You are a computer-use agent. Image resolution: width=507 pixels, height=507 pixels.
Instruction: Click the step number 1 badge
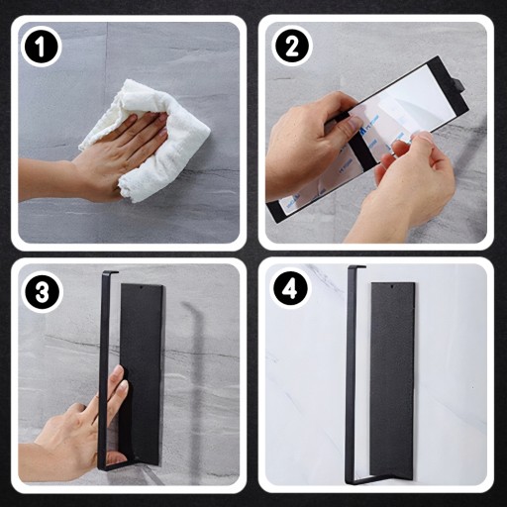41,47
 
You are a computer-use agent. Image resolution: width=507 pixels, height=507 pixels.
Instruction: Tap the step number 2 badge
292,47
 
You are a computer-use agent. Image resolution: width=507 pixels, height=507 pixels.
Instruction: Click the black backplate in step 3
142,373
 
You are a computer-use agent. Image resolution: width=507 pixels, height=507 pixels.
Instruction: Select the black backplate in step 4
392,379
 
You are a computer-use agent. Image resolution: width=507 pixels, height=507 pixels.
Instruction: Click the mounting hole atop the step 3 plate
142,288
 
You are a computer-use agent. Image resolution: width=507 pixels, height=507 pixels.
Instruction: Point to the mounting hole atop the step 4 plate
392,286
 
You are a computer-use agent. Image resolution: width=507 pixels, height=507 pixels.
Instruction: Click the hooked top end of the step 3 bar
110,272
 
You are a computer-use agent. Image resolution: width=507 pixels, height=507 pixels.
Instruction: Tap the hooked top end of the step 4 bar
357,267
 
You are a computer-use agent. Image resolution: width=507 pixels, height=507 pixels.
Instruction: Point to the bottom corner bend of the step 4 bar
351,481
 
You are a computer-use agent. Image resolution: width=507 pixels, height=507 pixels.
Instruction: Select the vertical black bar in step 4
350,373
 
